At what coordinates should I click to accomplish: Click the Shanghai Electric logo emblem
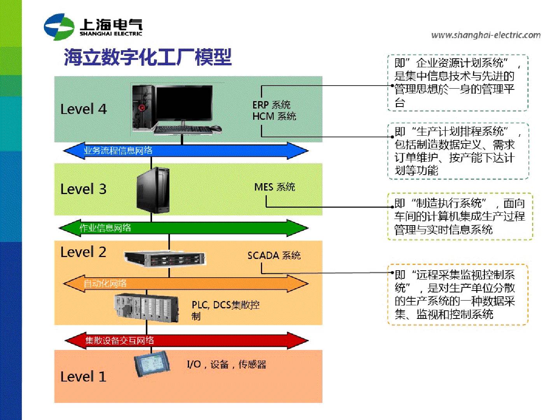pyautogui.click(x=59, y=27)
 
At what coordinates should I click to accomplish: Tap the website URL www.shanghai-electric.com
pyautogui.click(x=486, y=35)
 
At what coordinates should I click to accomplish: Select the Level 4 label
pyautogui.click(x=83, y=109)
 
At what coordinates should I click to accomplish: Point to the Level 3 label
pyautogui.click(x=83, y=189)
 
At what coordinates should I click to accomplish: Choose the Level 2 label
pyautogui.click(x=83, y=252)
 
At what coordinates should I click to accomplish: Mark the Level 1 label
pyautogui.click(x=83, y=377)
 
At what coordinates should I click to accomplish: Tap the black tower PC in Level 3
pyautogui.click(x=153, y=191)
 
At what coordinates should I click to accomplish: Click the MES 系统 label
pyautogui.click(x=275, y=187)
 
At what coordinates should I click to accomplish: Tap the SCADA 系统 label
pyautogui.click(x=274, y=255)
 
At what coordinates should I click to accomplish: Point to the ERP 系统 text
pyautogui.click(x=271, y=105)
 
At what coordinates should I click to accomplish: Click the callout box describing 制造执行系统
pyautogui.click(x=460, y=217)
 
